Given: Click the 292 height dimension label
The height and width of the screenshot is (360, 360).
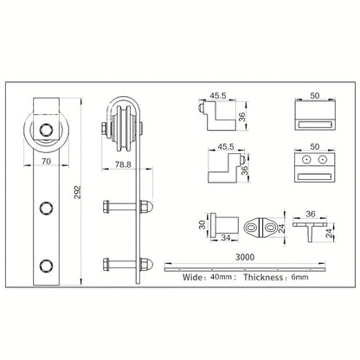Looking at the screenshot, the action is (78, 192).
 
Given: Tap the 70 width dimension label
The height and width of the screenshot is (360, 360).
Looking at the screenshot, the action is (46, 162).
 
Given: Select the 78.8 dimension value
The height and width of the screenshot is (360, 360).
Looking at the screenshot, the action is (123, 164).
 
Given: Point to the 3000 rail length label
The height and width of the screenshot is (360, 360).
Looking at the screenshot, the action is (245, 257).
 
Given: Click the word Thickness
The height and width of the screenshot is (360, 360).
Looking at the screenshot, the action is (263, 278).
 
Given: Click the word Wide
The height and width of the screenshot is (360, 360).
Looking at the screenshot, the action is (192, 278).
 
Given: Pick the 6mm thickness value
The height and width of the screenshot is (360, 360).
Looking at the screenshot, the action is (299, 278).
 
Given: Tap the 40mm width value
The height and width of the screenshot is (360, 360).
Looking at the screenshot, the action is (222, 278).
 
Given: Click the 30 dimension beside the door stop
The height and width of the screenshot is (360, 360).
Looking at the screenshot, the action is (202, 225).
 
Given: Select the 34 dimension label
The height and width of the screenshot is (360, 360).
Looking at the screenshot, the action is (225, 238).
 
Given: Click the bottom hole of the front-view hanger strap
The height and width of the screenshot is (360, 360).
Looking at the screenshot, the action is (46, 266).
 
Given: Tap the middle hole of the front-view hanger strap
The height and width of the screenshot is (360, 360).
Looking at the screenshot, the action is (46, 208).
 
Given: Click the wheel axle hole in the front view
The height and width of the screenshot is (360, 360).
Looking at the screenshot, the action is (46, 130).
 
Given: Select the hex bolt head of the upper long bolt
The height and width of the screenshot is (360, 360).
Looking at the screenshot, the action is (106, 207).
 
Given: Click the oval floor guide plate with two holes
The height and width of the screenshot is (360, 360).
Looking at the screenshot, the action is (260, 228).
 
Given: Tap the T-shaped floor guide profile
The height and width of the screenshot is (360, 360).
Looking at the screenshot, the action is (310, 231).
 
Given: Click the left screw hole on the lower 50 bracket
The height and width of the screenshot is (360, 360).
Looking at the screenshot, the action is (305, 159).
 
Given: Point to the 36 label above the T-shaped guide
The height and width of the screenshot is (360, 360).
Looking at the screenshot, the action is (311, 214).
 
